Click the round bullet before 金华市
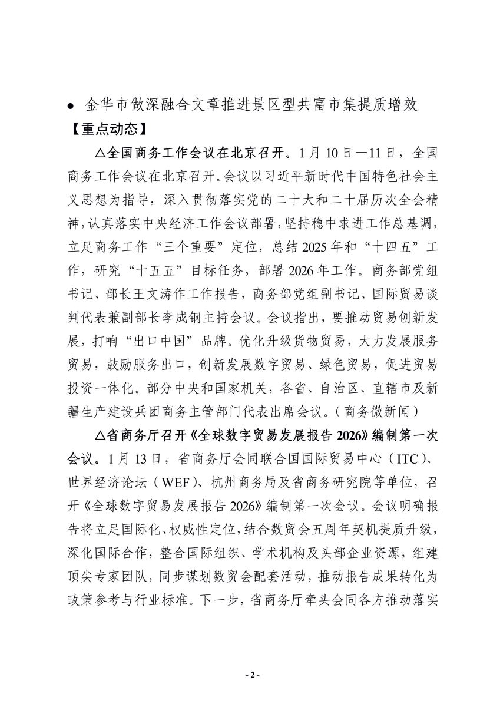pos(71,107)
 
